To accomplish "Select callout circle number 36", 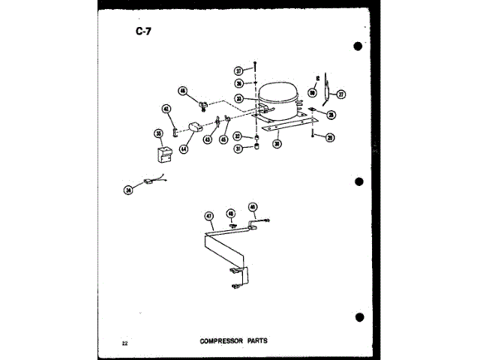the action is tap(238, 84).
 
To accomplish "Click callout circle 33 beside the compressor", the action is tap(238, 98).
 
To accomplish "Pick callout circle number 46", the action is tap(182, 91).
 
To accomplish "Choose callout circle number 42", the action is tap(166, 109).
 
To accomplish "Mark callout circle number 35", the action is tap(159, 133).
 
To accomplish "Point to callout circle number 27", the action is tap(340, 94).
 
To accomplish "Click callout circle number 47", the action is tap(209, 216).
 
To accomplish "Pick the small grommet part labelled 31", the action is tap(256, 148).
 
